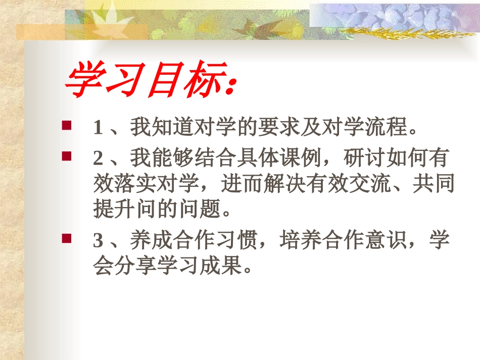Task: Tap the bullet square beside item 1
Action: (66, 124)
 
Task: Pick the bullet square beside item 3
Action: (66, 237)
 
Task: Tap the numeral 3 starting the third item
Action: (98, 241)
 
